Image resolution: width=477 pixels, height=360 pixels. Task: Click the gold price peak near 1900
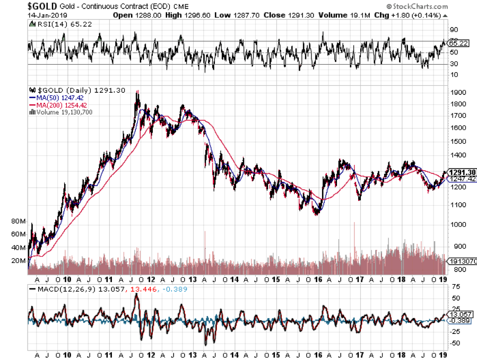click(x=137, y=92)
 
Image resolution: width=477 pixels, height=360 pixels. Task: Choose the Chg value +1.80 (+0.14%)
click(x=419, y=15)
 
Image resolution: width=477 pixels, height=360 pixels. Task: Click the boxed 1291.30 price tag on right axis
click(x=459, y=172)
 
